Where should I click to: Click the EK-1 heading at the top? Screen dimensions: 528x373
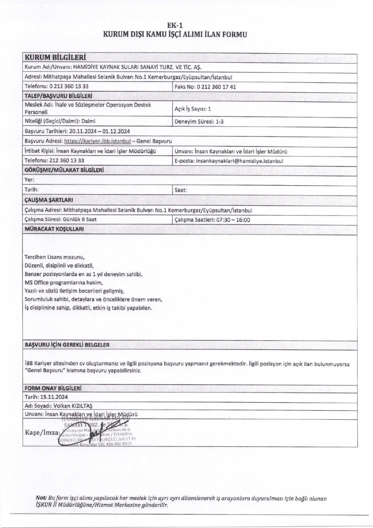[175, 25]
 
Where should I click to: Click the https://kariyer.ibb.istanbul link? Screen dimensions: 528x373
[97, 141]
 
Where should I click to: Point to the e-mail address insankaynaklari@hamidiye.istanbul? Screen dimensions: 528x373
[239, 161]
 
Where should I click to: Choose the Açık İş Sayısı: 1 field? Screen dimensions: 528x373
[193, 109]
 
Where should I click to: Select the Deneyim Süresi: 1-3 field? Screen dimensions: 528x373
[199, 122]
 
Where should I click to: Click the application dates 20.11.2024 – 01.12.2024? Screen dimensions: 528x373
[99, 131]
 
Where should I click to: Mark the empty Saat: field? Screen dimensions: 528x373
[181, 190]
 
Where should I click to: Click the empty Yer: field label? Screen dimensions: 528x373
[29, 180]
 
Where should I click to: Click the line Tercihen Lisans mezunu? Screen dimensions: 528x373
[55, 257]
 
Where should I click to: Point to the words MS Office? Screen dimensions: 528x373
[37, 283]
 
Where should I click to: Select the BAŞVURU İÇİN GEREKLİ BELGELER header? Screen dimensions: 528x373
[67, 345]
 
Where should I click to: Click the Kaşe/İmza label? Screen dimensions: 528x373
[42, 433]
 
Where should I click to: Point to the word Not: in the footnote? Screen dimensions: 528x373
[41, 499]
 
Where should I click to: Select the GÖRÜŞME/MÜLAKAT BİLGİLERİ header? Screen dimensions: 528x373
[64, 170]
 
